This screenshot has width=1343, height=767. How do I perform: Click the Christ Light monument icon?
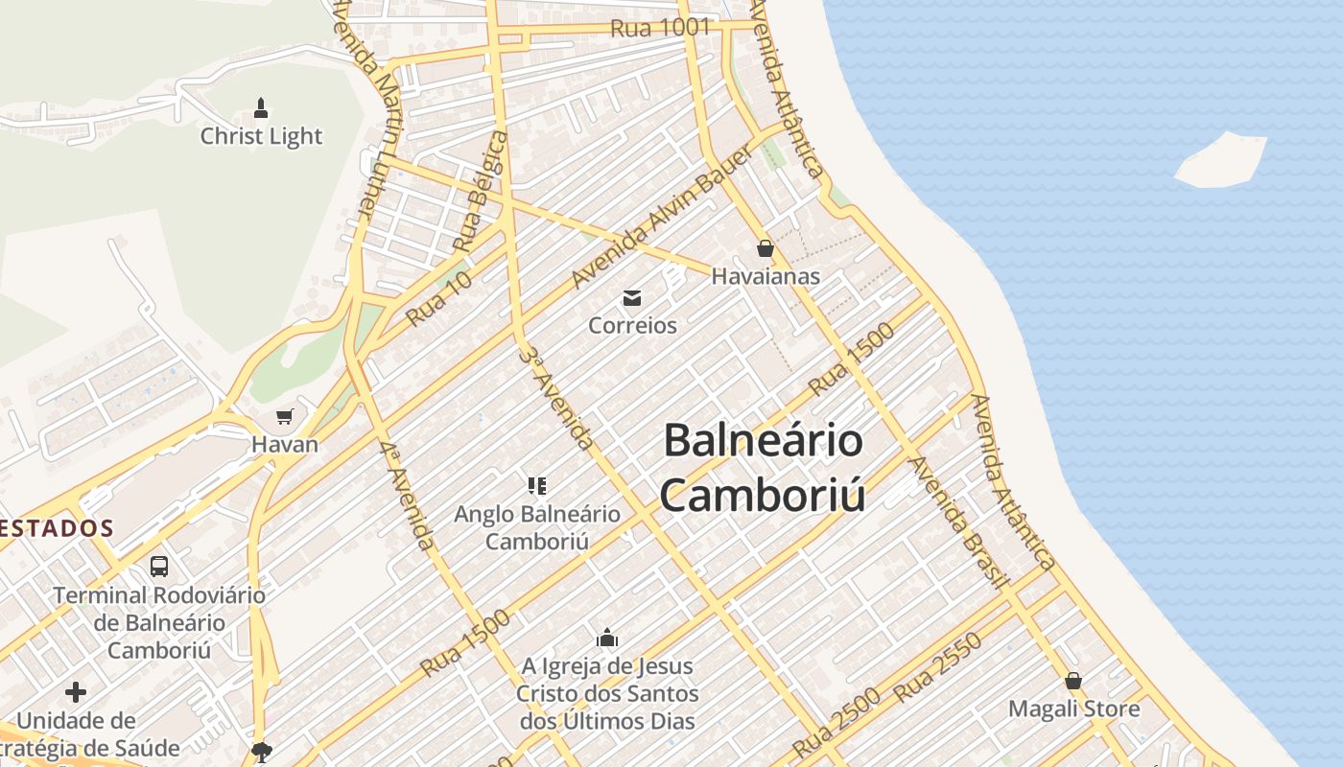point(261,106)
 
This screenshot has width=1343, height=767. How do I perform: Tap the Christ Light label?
point(261,136)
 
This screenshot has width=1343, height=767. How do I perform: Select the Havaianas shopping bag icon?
point(765,248)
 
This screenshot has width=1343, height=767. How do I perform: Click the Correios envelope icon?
point(632,297)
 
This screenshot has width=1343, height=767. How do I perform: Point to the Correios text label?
point(632,326)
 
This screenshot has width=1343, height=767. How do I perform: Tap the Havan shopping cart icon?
point(284,416)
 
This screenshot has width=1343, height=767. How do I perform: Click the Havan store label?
point(284,445)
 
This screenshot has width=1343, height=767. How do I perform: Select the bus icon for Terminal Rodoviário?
point(159,566)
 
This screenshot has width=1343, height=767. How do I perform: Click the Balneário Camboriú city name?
point(764,468)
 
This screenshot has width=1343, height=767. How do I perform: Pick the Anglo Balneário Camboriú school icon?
point(537,485)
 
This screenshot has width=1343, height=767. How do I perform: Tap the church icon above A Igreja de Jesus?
point(606,638)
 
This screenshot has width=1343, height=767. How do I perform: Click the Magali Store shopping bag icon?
point(1073,681)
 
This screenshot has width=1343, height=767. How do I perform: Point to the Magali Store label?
point(1073,709)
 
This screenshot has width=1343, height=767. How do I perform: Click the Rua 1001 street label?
point(660,28)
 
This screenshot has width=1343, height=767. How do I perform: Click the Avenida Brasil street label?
point(957,523)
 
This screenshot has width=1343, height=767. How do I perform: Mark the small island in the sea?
point(1220,160)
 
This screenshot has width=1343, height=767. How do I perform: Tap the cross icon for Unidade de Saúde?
point(76,691)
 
